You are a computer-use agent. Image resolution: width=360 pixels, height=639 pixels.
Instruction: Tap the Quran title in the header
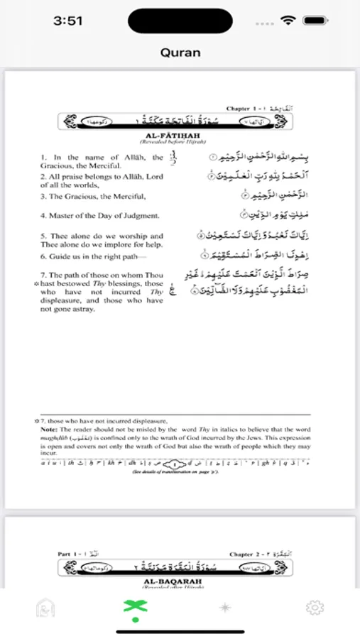180,53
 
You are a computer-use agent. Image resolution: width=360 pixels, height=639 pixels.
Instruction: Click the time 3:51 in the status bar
69,21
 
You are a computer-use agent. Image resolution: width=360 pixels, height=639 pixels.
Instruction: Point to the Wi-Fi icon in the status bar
288,21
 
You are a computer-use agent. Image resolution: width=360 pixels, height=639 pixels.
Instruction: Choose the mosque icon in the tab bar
45,608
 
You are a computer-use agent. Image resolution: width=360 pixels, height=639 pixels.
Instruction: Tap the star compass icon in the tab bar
225,608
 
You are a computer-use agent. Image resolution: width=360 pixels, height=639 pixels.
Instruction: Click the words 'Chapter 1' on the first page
242,109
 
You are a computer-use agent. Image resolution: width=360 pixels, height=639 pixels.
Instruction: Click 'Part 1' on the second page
69,554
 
